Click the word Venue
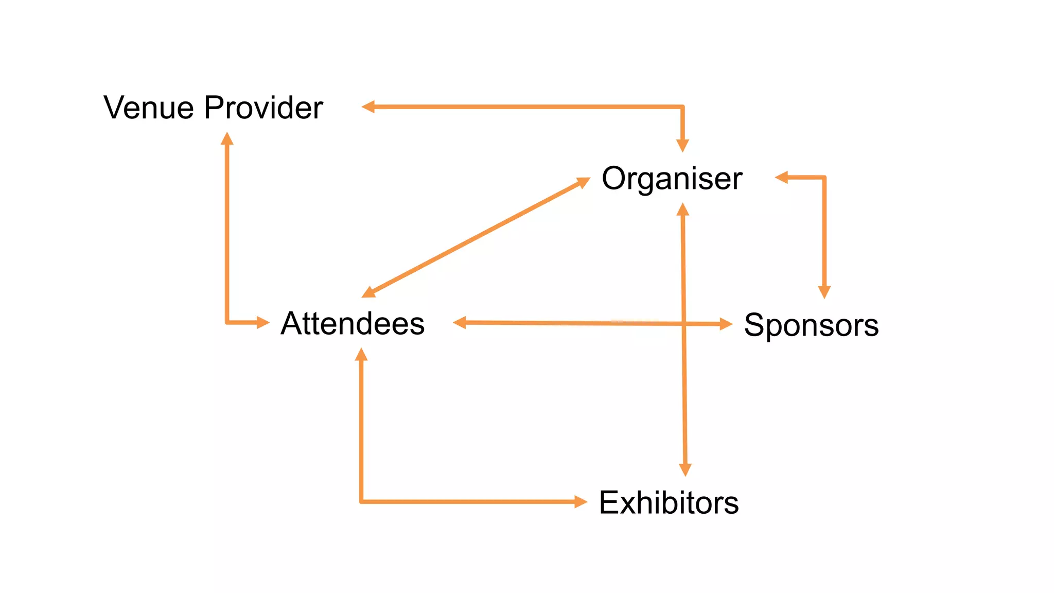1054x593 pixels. [x=149, y=108]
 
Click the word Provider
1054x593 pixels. [x=263, y=108]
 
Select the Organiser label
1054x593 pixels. [x=672, y=179]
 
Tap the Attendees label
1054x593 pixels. [x=353, y=323]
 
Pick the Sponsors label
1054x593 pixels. [x=811, y=325]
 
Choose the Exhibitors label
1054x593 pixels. [x=669, y=502]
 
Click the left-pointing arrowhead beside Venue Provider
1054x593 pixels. [x=368, y=107]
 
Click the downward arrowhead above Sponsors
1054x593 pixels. [x=824, y=292]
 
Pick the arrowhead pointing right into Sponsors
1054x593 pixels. [x=726, y=324]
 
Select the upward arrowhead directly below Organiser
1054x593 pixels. [x=683, y=210]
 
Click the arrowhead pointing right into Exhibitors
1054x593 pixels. [x=581, y=501]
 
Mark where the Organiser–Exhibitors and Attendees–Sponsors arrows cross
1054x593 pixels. [x=684, y=324]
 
